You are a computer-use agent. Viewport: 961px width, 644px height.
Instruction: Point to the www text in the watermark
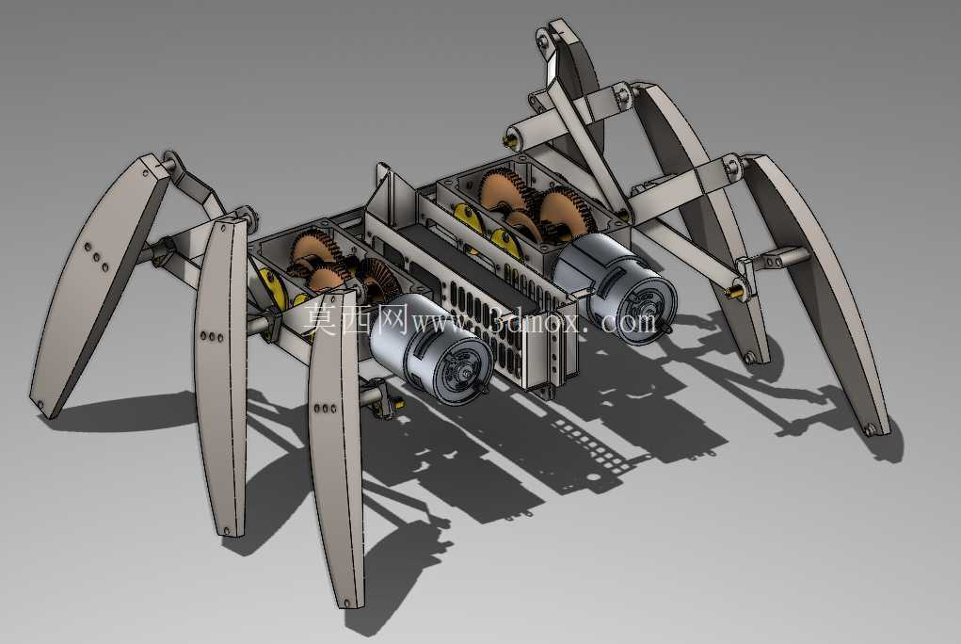coord(440,321)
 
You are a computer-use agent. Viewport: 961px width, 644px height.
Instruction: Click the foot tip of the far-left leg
coord(41,406)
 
